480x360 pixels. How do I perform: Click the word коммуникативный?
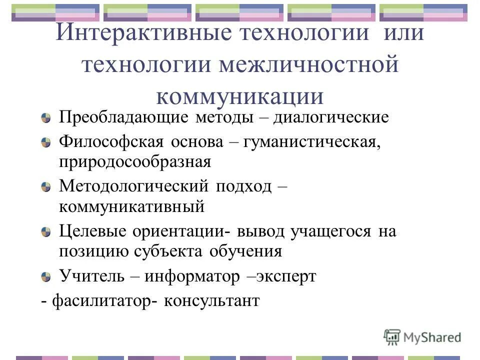click(x=132, y=207)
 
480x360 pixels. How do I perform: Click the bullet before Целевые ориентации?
click(x=46, y=231)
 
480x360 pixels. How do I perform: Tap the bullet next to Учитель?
click(x=46, y=276)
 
